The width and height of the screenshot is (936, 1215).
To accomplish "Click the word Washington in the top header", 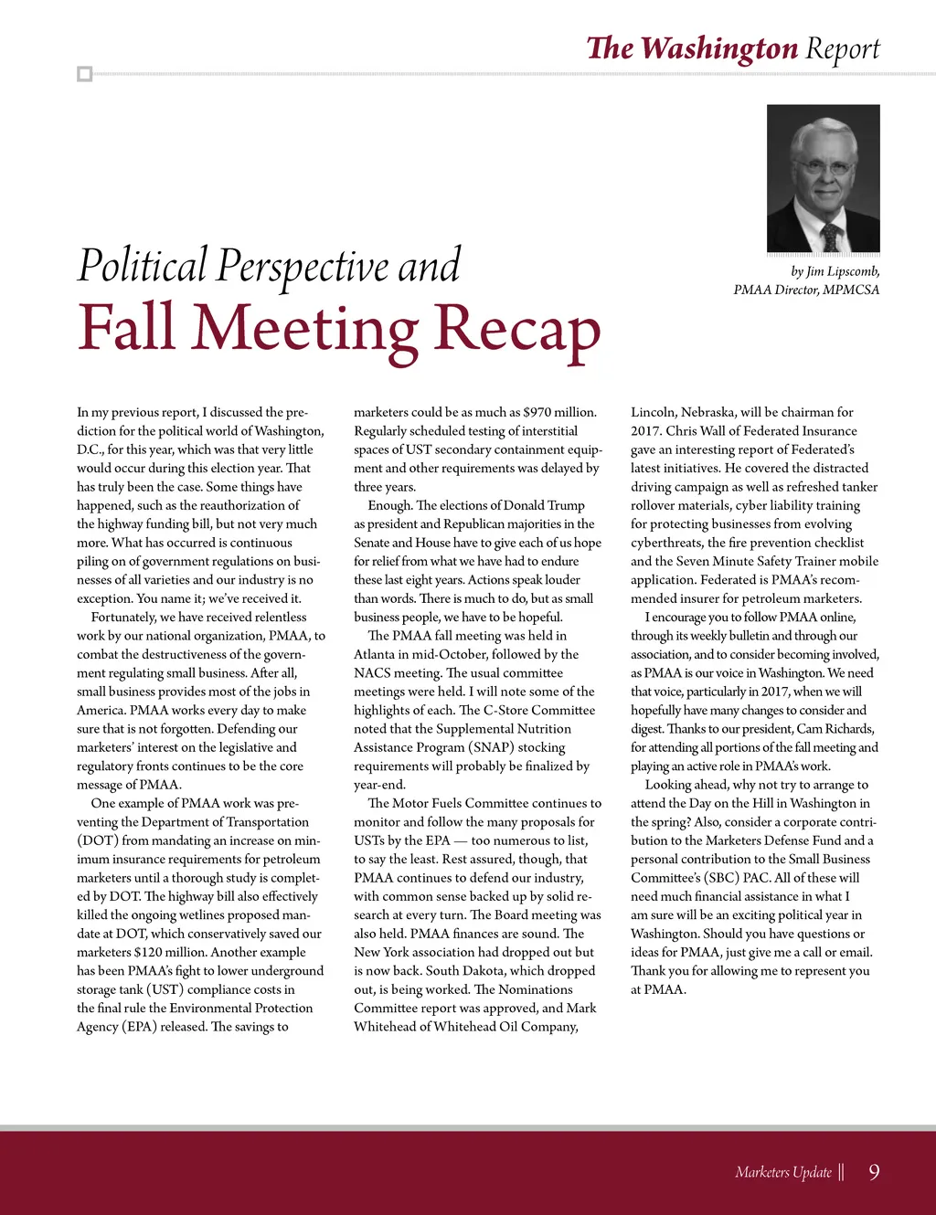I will [x=719, y=48].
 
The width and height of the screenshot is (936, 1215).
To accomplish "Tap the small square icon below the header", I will [x=85, y=74].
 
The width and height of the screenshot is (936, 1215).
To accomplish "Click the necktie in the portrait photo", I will [x=828, y=237].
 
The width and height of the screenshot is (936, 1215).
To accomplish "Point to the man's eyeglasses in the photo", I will [x=824, y=167].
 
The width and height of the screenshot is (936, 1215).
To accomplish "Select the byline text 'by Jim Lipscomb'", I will [x=835, y=271].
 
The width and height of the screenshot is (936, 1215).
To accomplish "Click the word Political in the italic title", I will [x=143, y=266].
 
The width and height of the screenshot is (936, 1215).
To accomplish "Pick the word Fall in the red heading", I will [x=126, y=327].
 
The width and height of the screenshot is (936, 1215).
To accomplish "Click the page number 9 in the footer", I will [x=874, y=1172].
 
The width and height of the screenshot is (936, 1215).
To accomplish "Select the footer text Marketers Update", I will [x=782, y=1172].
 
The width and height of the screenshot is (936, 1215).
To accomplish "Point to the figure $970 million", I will [x=559, y=412].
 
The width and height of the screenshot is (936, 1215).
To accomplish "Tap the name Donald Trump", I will [x=544, y=505].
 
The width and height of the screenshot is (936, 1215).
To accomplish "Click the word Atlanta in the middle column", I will [x=375, y=654].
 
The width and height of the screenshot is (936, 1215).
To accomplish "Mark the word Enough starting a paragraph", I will [x=388, y=505].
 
